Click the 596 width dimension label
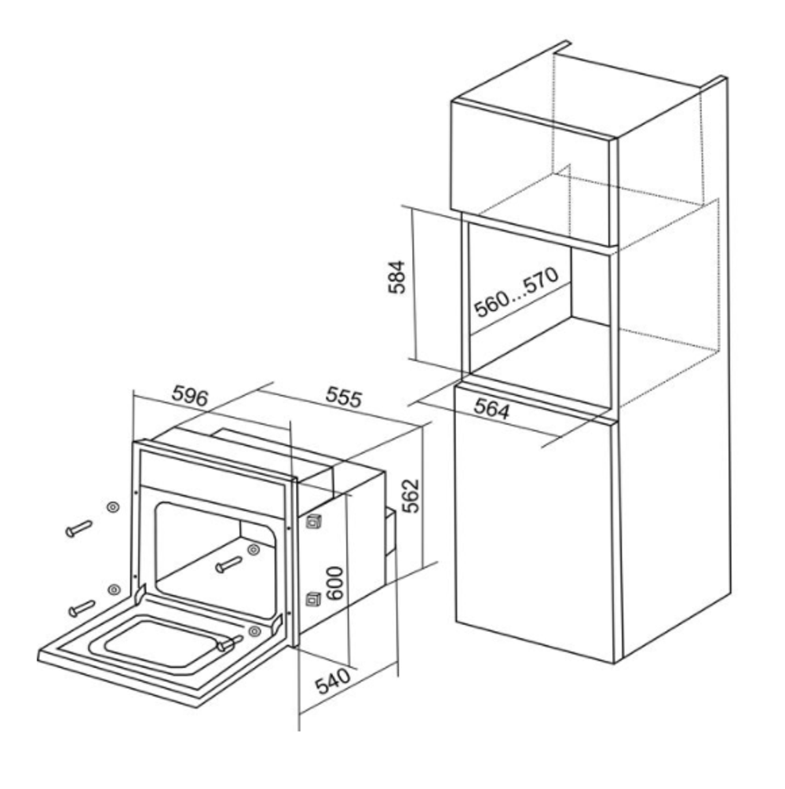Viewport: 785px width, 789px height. (190, 396)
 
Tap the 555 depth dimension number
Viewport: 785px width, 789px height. (344, 396)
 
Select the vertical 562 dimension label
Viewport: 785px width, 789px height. (411, 495)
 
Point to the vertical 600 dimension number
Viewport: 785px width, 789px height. (334, 583)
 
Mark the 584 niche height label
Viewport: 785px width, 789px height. (396, 276)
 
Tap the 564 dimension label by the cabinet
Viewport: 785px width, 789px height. (491, 408)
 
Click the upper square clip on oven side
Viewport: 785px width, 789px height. (314, 522)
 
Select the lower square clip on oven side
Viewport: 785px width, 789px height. (313, 599)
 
